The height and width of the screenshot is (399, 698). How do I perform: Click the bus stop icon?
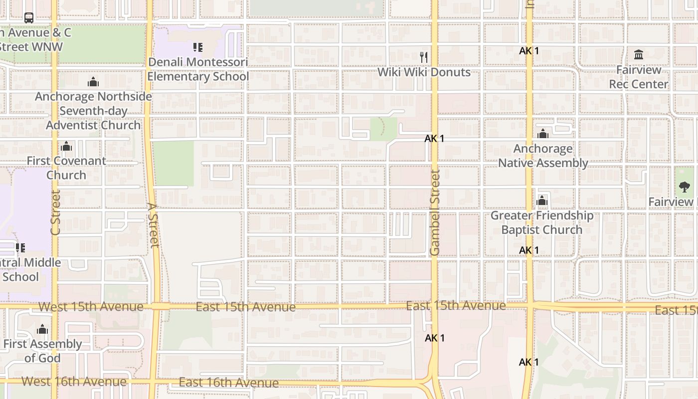29,18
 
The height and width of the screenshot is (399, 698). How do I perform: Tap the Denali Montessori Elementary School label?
198,69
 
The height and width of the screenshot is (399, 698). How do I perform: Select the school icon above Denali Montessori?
198,47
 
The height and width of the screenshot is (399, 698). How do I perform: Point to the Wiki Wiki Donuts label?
424,72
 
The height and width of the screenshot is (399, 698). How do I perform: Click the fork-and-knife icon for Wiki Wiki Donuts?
424,57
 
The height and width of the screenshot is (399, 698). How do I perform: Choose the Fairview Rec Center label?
639,77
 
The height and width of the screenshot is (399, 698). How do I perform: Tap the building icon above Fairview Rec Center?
639,54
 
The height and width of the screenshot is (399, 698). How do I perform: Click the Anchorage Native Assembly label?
543,156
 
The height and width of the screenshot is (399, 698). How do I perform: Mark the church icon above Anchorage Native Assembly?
543,134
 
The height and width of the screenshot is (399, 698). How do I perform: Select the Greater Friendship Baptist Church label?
542,222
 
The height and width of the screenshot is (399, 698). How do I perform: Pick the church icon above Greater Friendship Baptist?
542,201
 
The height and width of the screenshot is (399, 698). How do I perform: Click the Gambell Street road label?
435,212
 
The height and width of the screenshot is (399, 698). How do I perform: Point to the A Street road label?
153,224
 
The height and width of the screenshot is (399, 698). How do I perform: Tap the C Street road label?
55,212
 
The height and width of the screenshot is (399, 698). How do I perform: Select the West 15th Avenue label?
91,306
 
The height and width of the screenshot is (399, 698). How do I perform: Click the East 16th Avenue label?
228,383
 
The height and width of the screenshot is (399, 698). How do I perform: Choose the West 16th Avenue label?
74,382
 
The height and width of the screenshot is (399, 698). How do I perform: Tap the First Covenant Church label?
66,168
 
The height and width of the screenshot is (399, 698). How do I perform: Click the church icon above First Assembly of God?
42,329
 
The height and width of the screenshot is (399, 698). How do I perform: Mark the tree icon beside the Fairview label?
685,187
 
